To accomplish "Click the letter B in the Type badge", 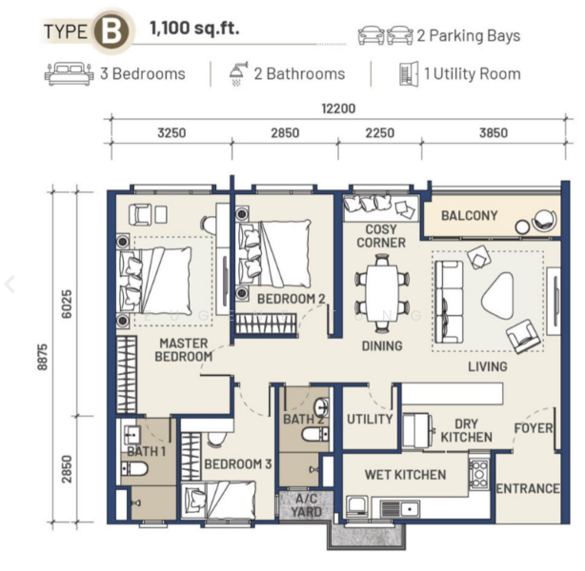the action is point(111,32).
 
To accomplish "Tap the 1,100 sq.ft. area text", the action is point(194,28).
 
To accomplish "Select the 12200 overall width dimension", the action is point(338,108).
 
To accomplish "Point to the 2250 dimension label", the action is point(380,132).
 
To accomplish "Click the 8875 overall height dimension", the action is point(43,357).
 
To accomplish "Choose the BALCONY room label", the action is point(470,215).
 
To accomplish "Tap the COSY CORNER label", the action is point(381,236).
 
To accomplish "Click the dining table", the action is point(382,293).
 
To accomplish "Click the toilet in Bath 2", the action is point(315,434).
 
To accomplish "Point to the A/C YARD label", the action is point(306,505).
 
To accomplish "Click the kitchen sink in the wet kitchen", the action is point(400,508).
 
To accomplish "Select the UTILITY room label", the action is point(370,419).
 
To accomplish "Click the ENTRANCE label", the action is point(528,488).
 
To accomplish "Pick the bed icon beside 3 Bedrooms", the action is point(69,74).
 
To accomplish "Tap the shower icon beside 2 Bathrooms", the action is point(238,74).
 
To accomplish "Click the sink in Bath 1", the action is point(131,434).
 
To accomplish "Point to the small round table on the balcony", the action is point(522,226).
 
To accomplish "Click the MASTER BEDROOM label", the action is point(184,350).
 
